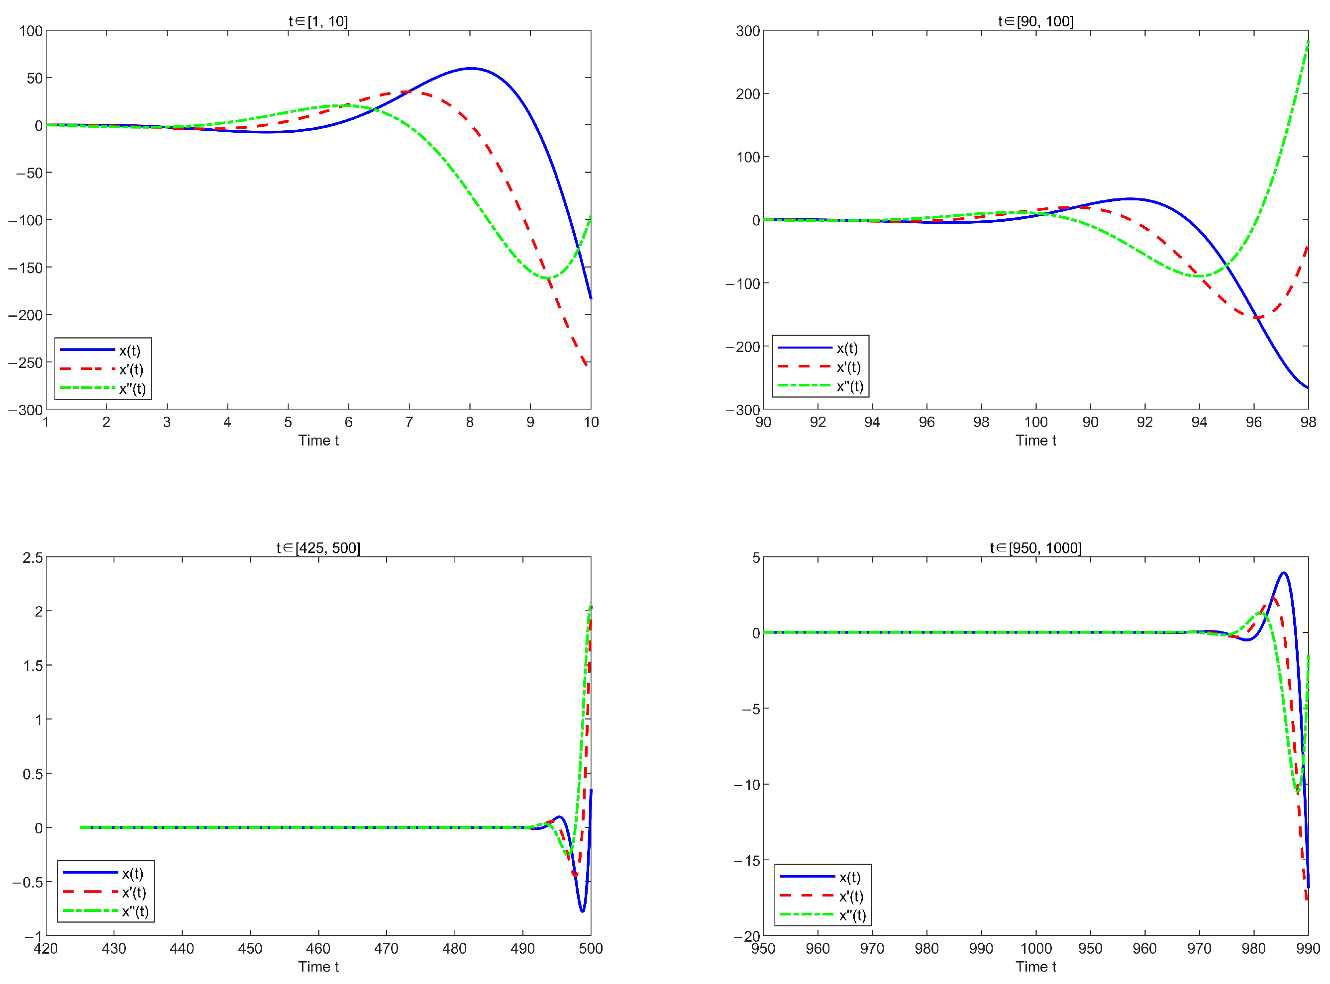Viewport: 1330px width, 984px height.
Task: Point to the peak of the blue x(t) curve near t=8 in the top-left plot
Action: coord(471,69)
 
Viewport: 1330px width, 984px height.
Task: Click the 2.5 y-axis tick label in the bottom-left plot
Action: coord(32,557)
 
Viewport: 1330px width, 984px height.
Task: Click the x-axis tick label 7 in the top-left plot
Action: coord(409,422)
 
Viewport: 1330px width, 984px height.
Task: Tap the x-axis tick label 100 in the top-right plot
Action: coord(1035,422)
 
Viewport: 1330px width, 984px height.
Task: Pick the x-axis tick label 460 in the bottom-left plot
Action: coord(318,949)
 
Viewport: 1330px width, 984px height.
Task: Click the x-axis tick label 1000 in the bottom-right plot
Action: coord(1035,949)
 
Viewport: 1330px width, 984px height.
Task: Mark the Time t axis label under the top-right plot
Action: coord(1035,441)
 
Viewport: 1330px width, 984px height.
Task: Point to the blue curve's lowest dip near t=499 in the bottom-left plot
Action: coord(582,911)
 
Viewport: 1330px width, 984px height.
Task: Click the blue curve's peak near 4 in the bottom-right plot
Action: coord(1284,573)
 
